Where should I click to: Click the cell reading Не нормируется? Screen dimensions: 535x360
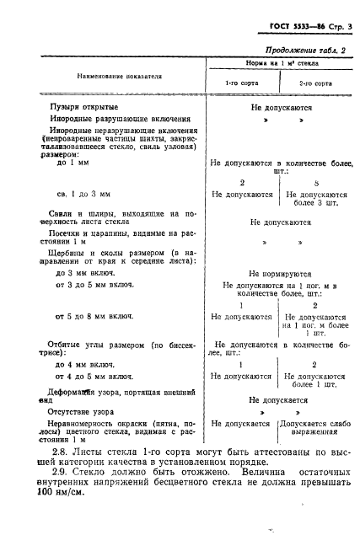pos(281,274)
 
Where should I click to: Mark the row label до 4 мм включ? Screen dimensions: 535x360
pos(85,364)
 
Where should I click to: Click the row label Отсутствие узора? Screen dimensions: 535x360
pos(86,414)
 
